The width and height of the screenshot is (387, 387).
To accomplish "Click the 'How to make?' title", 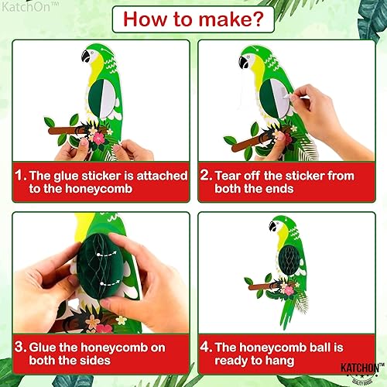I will pos(193,19).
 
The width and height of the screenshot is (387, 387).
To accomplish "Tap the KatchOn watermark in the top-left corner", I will pos(23,8).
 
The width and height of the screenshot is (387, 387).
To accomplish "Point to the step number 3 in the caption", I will pos(18,348).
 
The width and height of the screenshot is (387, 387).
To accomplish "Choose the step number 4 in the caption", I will pos(206,348).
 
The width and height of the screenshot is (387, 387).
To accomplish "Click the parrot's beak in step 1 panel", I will pos(85,57).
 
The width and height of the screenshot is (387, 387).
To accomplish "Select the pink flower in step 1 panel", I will pos(98,138).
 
